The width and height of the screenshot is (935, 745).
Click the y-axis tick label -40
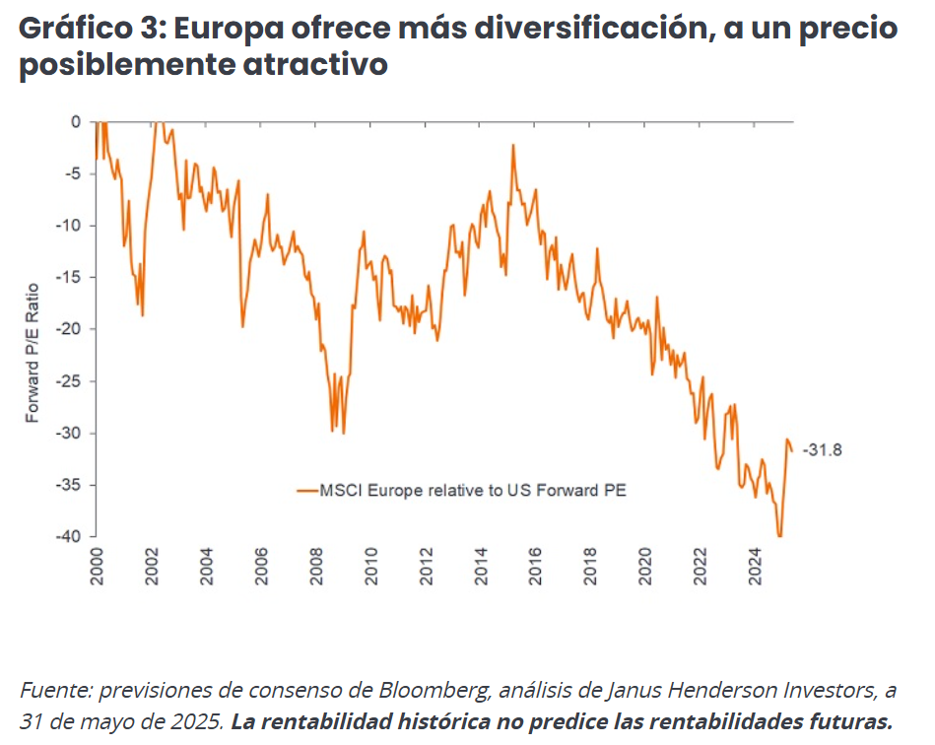pos(70,537)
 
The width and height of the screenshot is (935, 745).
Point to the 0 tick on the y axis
pos(76,122)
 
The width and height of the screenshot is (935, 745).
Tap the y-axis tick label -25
pos(70,381)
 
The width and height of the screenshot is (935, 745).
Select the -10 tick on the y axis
pos(70,226)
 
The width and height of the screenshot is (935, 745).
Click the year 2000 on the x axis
pos(98,567)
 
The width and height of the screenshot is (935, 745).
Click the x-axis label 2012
pos(426,567)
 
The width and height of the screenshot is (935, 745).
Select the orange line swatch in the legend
pos(306,489)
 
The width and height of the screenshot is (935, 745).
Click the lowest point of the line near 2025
pos(780,536)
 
